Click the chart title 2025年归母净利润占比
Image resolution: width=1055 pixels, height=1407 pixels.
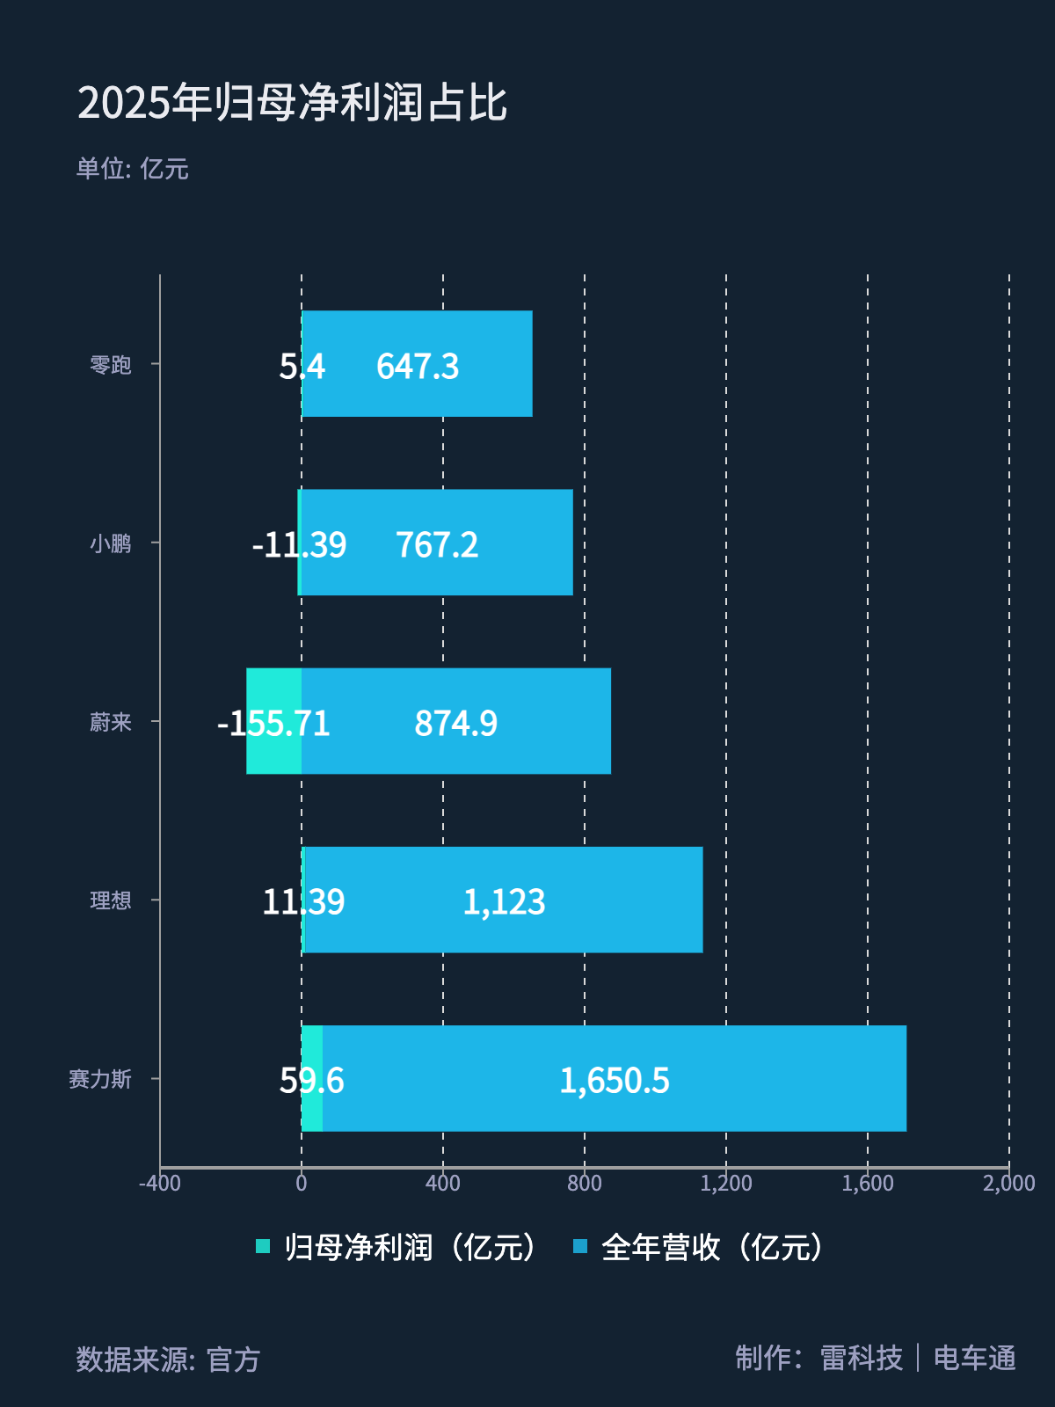[292, 103]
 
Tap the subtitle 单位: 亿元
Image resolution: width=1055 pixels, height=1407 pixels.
[132, 169]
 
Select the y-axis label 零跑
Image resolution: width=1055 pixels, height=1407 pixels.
[111, 364]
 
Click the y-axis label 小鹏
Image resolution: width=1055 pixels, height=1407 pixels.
[111, 543]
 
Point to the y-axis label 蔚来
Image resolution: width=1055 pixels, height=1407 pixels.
[111, 722]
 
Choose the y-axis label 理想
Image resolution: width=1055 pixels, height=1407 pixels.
[111, 900]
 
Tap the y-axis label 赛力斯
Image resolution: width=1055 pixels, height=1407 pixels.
[100, 1079]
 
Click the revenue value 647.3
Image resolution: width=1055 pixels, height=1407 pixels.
[418, 367]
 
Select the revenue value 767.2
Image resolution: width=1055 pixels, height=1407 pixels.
[437, 545]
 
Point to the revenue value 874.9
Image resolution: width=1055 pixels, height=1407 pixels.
[455, 724]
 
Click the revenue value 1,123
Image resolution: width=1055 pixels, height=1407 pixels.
[504, 902]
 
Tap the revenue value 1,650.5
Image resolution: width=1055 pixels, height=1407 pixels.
[615, 1081]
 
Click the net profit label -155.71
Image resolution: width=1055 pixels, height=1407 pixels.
[273, 724]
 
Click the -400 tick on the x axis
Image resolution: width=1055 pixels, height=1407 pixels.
[160, 1184]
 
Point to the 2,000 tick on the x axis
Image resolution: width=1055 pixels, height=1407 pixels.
[1008, 1184]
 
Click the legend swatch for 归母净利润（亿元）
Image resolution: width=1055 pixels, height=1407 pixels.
[263, 1246]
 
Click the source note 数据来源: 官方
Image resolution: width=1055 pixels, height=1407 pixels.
[168, 1360]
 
